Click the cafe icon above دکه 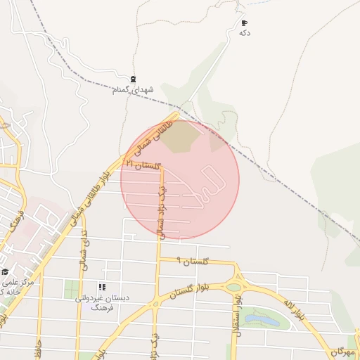pos(244,23)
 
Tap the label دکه pos(245,33)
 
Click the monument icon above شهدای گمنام pos(133,79)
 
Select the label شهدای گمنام pos(132,90)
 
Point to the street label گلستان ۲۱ pos(144,165)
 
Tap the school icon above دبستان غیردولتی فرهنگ pos(102,287)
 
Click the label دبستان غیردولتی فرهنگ pos(102,302)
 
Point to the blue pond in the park pos(262,321)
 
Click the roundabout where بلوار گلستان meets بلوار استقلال pos(234,285)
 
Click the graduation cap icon pos(6,271)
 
